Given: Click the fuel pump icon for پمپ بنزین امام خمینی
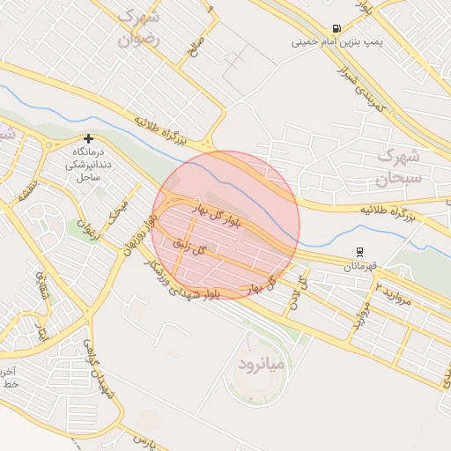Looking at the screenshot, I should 336,28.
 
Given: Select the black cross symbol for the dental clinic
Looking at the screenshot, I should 88,138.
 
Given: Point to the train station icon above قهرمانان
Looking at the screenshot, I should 359,252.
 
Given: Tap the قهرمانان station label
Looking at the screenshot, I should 359,265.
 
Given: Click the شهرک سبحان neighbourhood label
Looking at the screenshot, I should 401,166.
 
